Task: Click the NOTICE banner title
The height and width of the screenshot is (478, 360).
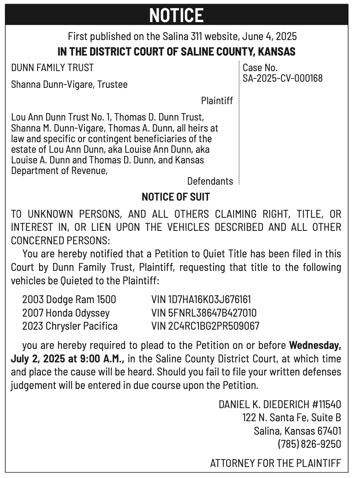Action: coord(176,15)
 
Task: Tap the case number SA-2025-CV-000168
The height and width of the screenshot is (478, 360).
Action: coord(282,78)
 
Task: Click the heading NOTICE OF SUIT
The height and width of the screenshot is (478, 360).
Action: coord(176,197)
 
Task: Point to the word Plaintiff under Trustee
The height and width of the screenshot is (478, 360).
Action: coord(217,101)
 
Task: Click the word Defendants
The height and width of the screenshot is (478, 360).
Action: coord(210,181)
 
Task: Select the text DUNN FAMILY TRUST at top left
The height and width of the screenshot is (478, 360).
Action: coord(52,68)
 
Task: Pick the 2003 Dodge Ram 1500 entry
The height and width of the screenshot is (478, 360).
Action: coord(69,299)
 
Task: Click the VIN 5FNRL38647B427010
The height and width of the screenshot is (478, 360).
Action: coord(204,313)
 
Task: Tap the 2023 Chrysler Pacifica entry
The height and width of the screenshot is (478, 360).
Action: coord(70,326)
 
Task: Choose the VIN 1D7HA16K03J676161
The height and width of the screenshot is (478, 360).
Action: coord(201,299)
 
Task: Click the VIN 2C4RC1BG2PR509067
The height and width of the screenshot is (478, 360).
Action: coord(205,326)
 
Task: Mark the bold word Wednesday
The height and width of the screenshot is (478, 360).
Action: coord(315,345)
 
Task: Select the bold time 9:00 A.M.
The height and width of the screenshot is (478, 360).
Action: coord(107,359)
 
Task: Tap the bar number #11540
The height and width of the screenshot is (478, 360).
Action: coord(327,404)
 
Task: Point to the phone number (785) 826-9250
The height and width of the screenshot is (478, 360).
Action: coord(309,444)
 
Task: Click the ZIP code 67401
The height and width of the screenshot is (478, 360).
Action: coord(329,431)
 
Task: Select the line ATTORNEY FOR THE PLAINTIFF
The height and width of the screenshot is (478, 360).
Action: coord(275,463)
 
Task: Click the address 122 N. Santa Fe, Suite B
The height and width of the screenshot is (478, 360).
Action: coord(291,418)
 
